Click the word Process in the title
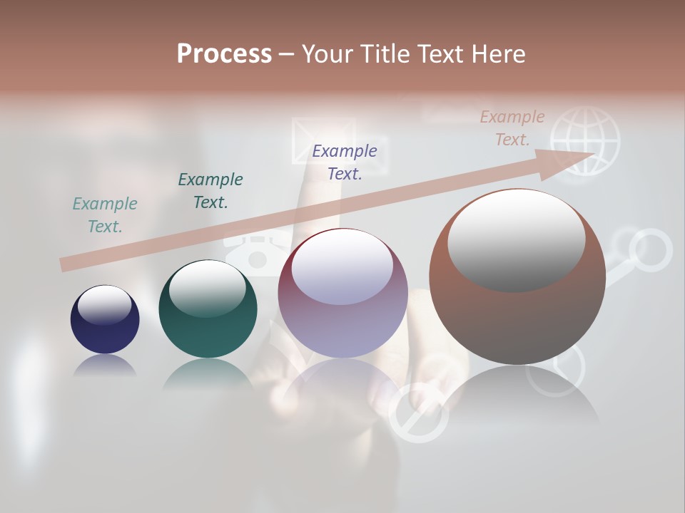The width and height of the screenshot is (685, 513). [x=224, y=54]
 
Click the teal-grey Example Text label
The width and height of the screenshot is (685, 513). [x=105, y=215]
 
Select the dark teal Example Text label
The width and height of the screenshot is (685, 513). [x=210, y=190]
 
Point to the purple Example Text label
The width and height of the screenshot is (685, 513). [x=345, y=162]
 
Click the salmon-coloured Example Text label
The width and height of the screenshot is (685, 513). [x=512, y=128]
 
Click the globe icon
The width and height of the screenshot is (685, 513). [x=585, y=140]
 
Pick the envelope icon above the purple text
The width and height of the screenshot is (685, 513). [x=308, y=139]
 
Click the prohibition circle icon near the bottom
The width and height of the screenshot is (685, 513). [x=418, y=413]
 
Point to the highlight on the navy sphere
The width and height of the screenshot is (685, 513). [x=104, y=305]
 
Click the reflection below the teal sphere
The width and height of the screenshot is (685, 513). [x=208, y=375]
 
